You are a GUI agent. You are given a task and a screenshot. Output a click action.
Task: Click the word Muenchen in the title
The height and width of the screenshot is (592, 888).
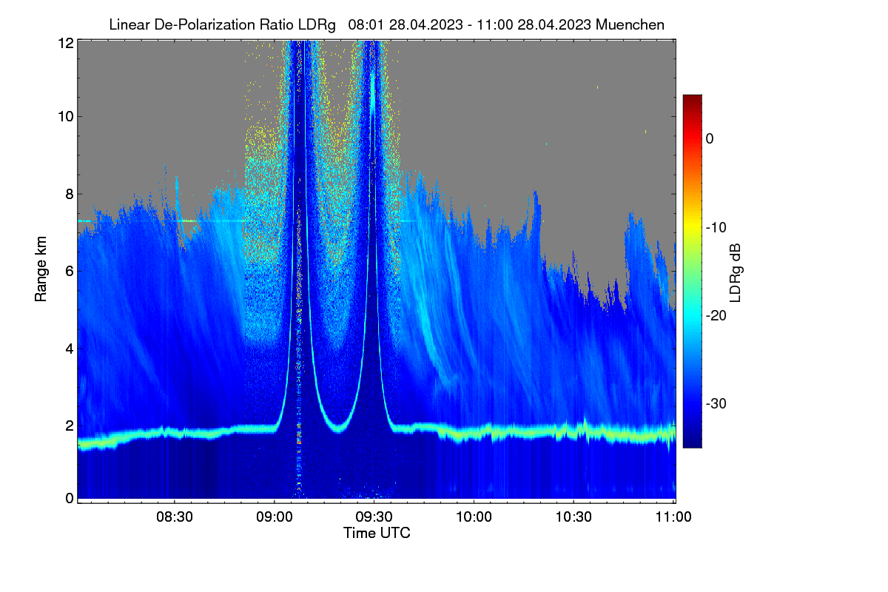tap(630, 25)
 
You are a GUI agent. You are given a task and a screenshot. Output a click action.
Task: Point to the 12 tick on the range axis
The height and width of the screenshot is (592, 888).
tap(66, 43)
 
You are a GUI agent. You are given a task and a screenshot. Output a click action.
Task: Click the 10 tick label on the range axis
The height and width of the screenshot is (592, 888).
tap(66, 117)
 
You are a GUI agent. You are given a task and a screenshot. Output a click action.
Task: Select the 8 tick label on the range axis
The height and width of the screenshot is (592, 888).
tap(70, 194)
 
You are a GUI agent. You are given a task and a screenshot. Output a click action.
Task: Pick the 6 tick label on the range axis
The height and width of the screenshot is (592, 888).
tap(70, 272)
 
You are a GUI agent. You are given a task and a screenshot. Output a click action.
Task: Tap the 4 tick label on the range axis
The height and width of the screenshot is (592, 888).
tap(70, 349)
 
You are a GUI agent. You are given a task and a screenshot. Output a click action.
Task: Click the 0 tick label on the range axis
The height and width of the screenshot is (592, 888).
tap(70, 499)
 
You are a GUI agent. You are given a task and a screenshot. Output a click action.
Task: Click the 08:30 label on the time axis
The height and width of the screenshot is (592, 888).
tap(175, 517)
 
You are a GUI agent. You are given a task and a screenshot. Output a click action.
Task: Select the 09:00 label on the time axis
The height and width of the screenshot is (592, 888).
tap(275, 517)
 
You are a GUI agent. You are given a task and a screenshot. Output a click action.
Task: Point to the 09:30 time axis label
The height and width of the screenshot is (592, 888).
tap(374, 517)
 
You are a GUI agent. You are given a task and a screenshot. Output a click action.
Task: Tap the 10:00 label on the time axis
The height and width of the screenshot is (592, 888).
tap(474, 517)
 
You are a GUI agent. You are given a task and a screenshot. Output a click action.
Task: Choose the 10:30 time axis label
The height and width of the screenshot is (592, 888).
tap(573, 517)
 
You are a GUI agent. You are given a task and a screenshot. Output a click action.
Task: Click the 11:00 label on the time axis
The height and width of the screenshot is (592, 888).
tap(673, 517)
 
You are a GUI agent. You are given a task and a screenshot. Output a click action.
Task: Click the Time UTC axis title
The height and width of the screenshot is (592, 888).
tap(377, 533)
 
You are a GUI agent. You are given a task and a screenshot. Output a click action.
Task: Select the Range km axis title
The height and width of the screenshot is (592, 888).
tap(41, 269)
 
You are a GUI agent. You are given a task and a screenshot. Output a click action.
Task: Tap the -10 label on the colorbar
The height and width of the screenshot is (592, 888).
tap(716, 228)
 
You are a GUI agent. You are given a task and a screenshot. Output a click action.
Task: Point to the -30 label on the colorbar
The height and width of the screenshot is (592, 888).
tap(716, 403)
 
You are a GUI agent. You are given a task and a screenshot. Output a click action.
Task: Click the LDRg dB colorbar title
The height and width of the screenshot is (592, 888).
tap(736, 273)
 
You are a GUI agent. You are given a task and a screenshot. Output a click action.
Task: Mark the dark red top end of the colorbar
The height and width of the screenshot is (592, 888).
tap(692, 95)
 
